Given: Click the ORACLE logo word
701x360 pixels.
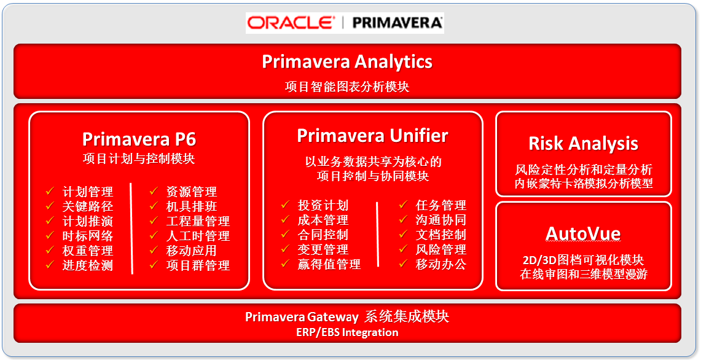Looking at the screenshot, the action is pyautogui.click(x=290, y=22).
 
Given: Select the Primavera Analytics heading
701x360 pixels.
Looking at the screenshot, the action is pyautogui.click(x=347, y=61).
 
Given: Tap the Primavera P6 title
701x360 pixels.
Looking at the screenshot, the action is pyautogui.click(x=139, y=139).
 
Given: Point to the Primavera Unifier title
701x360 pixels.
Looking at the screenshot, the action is pyautogui.click(x=372, y=136).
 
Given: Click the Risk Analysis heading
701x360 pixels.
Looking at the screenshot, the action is pyautogui.click(x=584, y=144).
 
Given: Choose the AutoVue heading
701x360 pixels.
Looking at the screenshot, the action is pyautogui.click(x=584, y=234).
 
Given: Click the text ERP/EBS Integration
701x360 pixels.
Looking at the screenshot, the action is pyautogui.click(x=347, y=333).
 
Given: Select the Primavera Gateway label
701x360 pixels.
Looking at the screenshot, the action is pyautogui.click(x=302, y=317).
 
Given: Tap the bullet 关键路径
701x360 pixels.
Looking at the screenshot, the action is pyautogui.click(x=88, y=206).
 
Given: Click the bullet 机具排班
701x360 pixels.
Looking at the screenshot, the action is pyautogui.click(x=191, y=206).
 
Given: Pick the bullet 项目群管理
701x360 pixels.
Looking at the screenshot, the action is pyautogui.click(x=198, y=265).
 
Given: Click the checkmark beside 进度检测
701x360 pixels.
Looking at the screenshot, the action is pyautogui.click(x=50, y=265).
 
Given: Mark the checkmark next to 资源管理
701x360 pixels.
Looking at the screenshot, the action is pyautogui.click(x=154, y=191).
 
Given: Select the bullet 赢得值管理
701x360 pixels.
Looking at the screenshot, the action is pyautogui.click(x=329, y=264).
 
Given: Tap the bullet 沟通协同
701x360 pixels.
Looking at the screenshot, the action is pyautogui.click(x=441, y=220).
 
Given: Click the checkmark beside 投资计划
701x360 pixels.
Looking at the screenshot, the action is pyautogui.click(x=285, y=205).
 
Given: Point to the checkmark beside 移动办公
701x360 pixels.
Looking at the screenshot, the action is pyautogui.click(x=403, y=264).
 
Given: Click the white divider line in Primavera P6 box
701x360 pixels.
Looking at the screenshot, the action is pyautogui.click(x=132, y=228).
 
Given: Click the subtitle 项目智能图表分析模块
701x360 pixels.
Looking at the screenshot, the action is pyautogui.click(x=347, y=86).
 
